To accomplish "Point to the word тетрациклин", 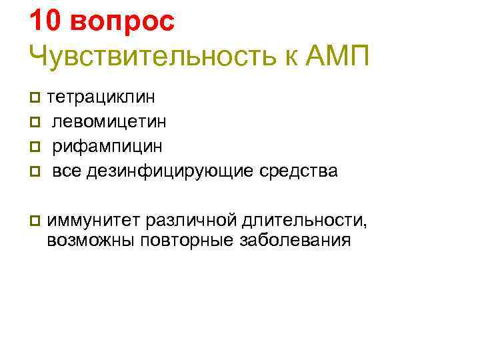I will [101, 97].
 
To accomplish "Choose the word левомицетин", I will [110, 121].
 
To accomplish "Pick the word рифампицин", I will [107, 145].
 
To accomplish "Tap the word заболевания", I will [294, 240].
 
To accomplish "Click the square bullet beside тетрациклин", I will [35, 98].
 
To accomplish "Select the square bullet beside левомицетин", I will [35, 122].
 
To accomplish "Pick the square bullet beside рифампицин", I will [35, 146].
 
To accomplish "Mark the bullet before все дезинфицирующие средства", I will [35, 171].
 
